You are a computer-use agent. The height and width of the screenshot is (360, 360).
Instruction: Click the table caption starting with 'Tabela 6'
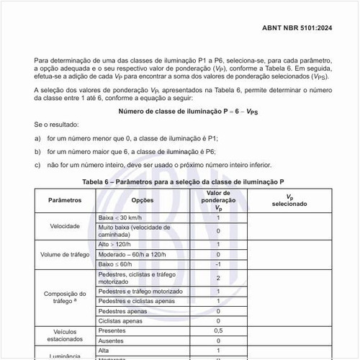(x=183, y=181)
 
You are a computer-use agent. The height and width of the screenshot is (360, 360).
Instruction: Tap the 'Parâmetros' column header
(x=64, y=199)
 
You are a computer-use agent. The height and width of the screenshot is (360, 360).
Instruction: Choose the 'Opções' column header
(x=143, y=199)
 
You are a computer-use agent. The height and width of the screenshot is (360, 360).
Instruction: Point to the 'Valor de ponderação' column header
(x=217, y=199)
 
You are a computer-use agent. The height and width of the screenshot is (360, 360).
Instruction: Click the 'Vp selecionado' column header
(x=289, y=199)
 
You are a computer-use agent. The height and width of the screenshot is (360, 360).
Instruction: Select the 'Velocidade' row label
(x=64, y=225)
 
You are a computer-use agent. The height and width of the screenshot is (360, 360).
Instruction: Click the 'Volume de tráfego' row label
(x=64, y=254)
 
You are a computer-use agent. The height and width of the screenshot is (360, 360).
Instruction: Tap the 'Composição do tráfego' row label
(x=64, y=297)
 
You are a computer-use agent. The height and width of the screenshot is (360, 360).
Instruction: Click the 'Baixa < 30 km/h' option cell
(x=122, y=217)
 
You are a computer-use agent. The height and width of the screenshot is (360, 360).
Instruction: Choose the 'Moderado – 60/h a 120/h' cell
(x=132, y=254)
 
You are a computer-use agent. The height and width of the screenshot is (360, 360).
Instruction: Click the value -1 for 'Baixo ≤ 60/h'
(x=217, y=264)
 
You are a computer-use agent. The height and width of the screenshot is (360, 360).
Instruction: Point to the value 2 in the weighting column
(x=217, y=277)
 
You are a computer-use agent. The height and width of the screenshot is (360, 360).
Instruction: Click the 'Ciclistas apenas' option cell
(x=120, y=320)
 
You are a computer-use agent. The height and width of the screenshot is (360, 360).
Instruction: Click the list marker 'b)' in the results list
(x=37, y=152)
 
